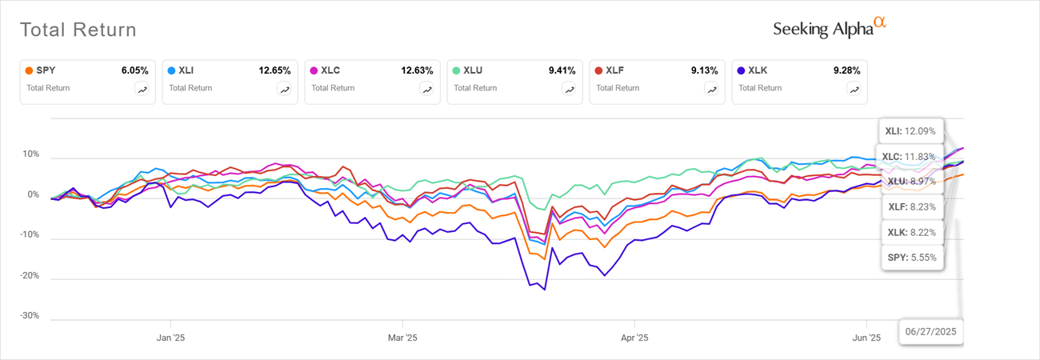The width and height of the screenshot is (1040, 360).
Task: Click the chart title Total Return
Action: point(78,30)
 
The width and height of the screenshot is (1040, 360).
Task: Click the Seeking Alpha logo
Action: point(829,28)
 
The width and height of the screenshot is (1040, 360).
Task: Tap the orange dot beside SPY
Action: point(29,70)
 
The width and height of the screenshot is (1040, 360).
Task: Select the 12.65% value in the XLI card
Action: point(274,70)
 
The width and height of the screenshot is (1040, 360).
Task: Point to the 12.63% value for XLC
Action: point(417,70)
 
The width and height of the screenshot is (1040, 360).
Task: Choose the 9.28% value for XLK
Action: point(846,70)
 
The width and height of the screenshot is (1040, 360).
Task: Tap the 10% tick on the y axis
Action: point(30,154)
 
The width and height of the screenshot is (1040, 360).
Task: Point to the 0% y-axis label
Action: point(32,194)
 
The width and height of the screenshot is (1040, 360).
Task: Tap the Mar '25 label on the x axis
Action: point(402,338)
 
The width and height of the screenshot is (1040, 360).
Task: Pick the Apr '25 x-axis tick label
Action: point(634,338)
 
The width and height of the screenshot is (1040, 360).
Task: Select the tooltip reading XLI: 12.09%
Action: point(913,130)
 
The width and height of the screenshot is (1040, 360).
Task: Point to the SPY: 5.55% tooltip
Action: point(913,258)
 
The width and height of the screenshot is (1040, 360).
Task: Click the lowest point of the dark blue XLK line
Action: point(545,290)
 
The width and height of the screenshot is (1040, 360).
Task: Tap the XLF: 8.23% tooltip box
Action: point(913,207)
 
